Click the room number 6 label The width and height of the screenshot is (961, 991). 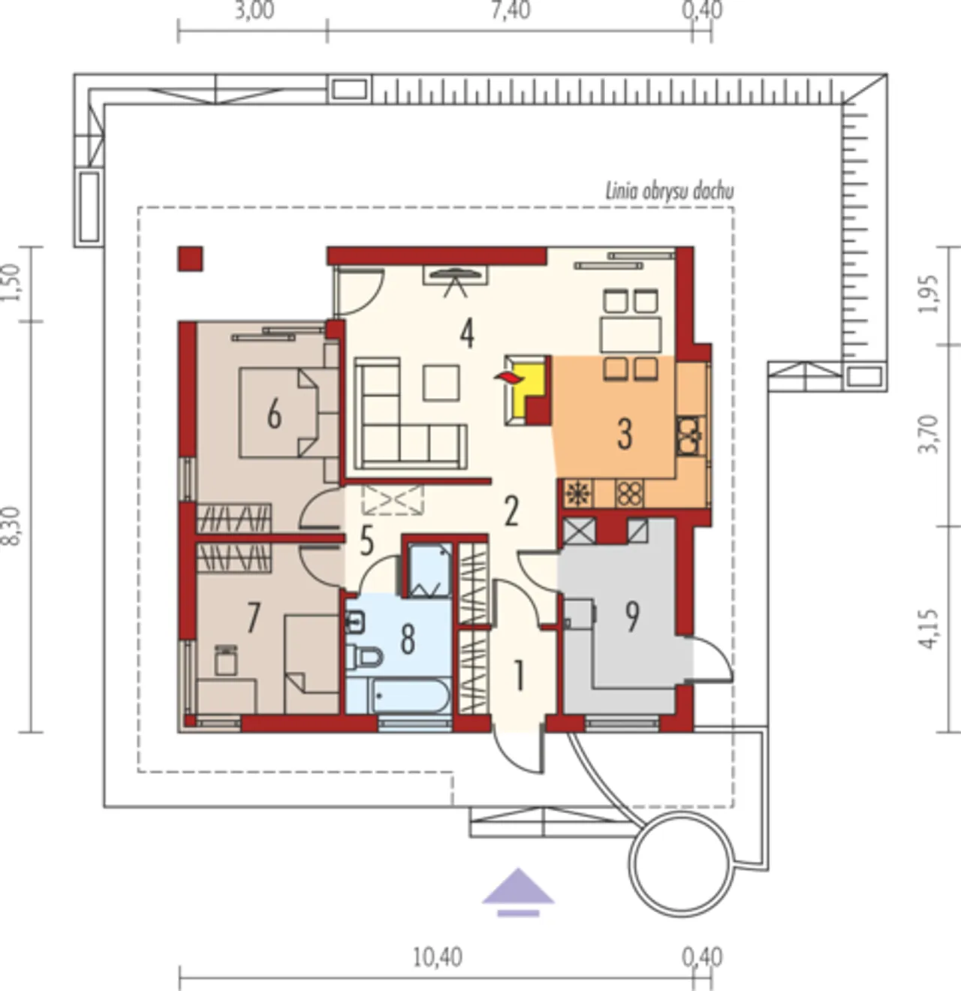(274, 414)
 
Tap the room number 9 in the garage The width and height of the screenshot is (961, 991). (632, 616)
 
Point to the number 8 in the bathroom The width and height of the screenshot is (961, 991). (408, 640)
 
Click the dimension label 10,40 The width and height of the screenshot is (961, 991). (438, 957)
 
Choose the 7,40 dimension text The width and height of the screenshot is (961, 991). (511, 11)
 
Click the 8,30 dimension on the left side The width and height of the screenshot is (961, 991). (11, 526)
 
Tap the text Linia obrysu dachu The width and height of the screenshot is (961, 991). (670, 192)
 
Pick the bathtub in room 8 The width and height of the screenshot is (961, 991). (411, 696)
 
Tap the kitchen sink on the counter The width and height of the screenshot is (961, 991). (690, 435)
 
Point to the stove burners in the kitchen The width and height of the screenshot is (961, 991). (629, 493)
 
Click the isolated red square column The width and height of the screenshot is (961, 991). (191, 259)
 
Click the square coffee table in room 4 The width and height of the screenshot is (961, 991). (441, 382)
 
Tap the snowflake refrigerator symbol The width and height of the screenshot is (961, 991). (579, 493)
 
